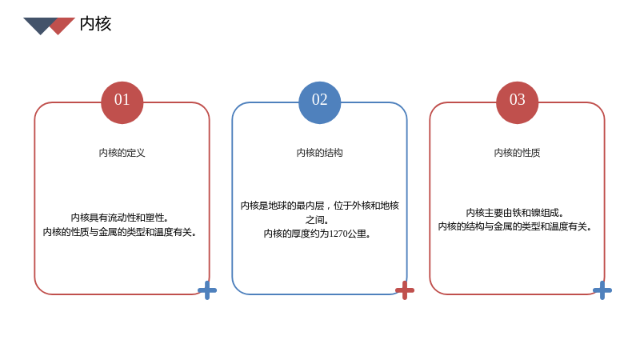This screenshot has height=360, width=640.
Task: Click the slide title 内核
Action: (95, 24)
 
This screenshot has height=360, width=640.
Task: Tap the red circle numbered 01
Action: (122, 102)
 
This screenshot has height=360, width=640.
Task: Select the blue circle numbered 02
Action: (319, 102)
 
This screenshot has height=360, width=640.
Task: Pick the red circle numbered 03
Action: (517, 102)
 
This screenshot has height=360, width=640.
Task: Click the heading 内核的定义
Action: (122, 153)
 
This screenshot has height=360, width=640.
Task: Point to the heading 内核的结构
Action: (319, 153)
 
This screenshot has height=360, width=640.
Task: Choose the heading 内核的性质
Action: (517, 153)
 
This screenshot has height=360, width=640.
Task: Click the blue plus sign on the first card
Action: (207, 290)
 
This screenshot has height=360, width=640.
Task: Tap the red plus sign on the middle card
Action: (405, 290)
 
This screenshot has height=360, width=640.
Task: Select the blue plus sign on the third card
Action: (602, 290)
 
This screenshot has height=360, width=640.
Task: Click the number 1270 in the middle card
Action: (338, 234)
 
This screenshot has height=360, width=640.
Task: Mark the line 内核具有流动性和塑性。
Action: (119, 218)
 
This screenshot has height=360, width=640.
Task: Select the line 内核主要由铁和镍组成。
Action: (514, 213)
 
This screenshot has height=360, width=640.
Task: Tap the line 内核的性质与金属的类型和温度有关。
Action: (119, 232)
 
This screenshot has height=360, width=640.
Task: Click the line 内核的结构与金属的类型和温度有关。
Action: (514, 226)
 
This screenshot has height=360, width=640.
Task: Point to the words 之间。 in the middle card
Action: (317, 220)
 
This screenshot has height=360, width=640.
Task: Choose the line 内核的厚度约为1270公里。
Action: (317, 234)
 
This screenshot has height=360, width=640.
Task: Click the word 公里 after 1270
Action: (356, 234)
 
